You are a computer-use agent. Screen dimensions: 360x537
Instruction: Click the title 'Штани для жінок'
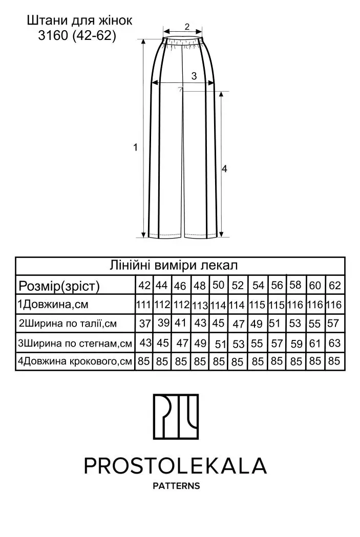(80, 20)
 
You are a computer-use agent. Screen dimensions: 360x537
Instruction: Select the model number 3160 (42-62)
(77, 35)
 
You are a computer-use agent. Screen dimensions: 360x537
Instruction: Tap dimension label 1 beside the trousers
(136, 147)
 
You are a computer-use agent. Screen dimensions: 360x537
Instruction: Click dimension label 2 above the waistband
(187, 27)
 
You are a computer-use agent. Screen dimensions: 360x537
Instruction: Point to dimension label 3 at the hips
(194, 76)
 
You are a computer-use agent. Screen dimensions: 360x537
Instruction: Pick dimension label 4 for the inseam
(224, 168)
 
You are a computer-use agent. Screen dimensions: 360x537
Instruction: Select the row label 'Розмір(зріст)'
(59, 286)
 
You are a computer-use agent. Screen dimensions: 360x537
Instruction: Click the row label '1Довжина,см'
(53, 305)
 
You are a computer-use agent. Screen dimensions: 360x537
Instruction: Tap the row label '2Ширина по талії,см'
(68, 324)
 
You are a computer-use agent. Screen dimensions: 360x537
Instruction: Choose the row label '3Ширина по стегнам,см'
(75, 343)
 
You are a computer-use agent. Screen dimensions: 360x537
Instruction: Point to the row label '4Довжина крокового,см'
(75, 361)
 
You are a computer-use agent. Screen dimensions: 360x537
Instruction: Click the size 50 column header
(218, 285)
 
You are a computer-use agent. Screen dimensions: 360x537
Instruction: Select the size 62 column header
(335, 285)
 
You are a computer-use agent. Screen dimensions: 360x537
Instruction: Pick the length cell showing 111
(143, 305)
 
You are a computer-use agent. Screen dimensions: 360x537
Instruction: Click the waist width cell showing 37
(145, 324)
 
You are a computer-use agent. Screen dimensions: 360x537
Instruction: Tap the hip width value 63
(334, 343)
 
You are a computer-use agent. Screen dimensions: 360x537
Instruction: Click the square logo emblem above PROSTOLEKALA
(176, 417)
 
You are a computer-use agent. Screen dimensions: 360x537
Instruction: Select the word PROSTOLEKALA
(175, 466)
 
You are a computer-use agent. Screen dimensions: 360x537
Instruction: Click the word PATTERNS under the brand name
(176, 486)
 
